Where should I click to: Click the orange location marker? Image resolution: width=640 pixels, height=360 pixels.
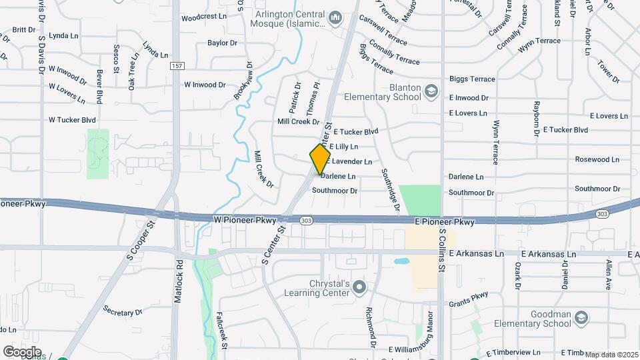[x=320, y=159]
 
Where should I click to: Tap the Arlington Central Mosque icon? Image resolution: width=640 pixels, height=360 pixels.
[x=335, y=16]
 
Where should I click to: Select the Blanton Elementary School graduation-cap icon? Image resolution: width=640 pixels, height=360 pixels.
[x=431, y=91]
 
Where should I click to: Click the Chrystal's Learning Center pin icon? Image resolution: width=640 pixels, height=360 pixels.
[x=360, y=287]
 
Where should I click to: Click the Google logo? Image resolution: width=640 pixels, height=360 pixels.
[x=21, y=351]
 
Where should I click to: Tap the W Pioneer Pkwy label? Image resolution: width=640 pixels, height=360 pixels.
[x=243, y=219]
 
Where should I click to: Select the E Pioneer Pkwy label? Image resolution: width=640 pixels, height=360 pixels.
[x=444, y=221]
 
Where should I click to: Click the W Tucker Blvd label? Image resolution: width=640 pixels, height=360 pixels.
[x=73, y=120]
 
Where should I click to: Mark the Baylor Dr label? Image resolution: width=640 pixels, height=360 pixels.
[x=223, y=43]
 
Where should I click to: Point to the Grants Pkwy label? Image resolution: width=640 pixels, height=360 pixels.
[x=468, y=299]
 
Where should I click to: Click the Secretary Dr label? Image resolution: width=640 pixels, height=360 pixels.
[x=123, y=311]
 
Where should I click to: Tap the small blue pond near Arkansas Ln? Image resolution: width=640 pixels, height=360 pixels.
[x=401, y=262]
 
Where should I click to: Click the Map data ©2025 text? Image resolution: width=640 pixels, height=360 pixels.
[x=610, y=354]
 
